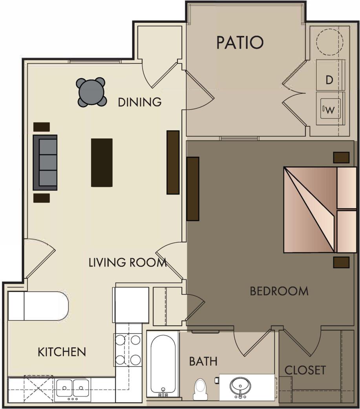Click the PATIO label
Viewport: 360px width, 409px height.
click(240, 42)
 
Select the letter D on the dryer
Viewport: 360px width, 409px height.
click(330, 80)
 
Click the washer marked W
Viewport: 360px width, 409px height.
click(330, 110)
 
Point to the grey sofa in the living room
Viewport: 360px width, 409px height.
click(45, 162)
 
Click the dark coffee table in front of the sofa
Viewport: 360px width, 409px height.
click(102, 162)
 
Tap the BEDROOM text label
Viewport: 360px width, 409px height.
click(279, 291)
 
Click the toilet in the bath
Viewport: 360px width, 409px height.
click(200, 389)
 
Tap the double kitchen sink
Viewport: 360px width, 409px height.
click(73, 389)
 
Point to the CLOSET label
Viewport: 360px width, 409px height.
click(305, 370)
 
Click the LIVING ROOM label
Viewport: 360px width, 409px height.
click(128, 263)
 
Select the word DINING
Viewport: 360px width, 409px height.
click(140, 102)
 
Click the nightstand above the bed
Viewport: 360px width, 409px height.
click(341, 157)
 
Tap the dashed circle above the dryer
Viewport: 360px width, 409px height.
click(330, 40)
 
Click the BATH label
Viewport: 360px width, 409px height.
click(203, 361)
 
